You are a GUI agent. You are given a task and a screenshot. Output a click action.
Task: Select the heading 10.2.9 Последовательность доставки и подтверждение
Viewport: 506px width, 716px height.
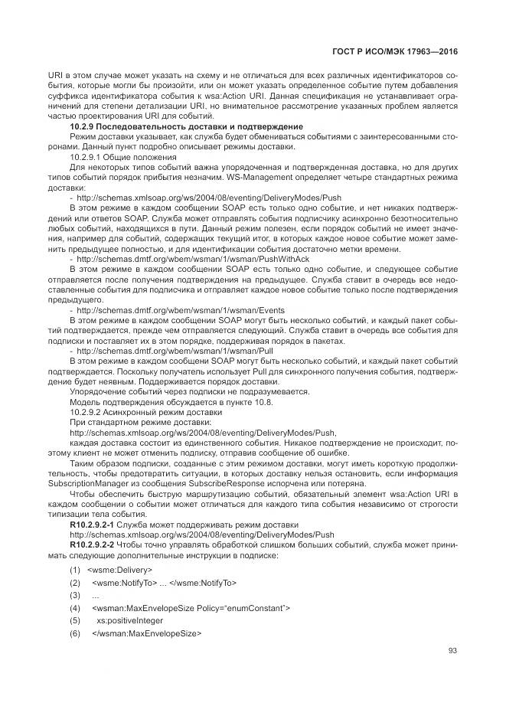click(187, 126)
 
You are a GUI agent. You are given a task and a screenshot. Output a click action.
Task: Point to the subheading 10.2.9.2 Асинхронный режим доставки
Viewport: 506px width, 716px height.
click(125, 411)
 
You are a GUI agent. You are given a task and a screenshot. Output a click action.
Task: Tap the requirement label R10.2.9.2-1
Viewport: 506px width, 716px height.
click(93, 525)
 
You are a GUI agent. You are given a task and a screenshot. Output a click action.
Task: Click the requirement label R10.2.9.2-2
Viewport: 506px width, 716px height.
click(93, 544)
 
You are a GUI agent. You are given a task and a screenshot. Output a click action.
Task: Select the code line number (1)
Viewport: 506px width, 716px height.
click(75, 570)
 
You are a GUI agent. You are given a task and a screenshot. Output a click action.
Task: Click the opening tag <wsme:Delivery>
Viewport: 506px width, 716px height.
click(120, 570)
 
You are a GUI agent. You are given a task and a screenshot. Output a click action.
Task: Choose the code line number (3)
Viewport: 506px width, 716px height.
click(75, 595)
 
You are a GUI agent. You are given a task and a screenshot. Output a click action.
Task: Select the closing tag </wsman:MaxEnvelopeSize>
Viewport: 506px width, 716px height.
click(146, 633)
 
